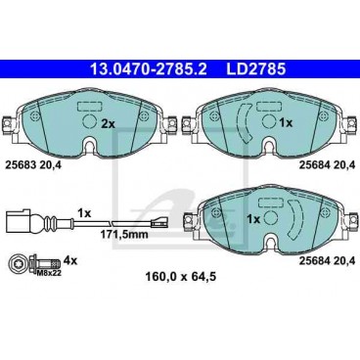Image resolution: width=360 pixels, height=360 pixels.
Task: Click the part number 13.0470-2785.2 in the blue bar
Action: [149, 69]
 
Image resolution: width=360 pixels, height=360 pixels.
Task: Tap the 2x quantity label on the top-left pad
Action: [109, 123]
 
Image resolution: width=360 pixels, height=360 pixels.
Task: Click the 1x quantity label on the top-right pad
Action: [286, 123]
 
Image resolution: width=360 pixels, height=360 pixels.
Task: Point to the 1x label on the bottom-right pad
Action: [253, 219]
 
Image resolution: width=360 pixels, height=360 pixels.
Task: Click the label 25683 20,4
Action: [32, 166]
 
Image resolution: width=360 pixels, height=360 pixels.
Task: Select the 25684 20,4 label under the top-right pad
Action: [327, 166]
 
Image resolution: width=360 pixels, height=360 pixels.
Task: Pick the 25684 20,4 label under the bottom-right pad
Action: [327, 261]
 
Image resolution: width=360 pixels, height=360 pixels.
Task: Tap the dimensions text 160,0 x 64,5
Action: [180, 277]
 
